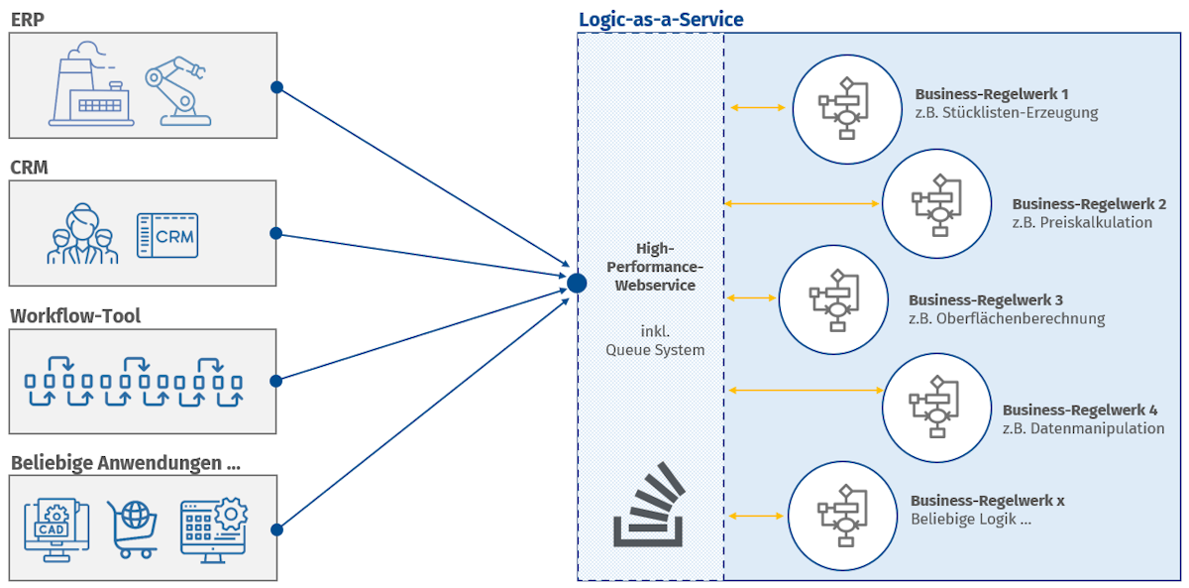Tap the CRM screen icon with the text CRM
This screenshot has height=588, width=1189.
tap(167, 235)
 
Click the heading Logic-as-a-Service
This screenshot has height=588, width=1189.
tap(661, 20)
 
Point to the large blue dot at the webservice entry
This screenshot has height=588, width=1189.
tap(577, 284)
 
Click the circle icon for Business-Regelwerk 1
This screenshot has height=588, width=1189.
tap(843, 108)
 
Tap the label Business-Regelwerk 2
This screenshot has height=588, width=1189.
tap(1088, 204)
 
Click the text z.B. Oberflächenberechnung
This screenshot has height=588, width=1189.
tap(1006, 318)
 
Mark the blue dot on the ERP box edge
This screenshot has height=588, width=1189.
tap(277, 87)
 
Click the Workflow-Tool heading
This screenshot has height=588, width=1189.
tap(75, 316)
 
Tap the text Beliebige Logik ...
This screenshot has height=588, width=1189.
tap(971, 519)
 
